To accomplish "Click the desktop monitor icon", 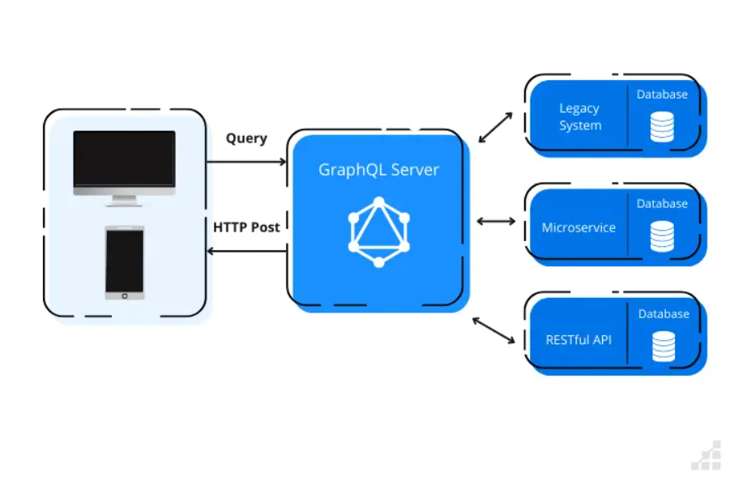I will tap(124, 166).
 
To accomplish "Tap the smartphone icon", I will tap(125, 262).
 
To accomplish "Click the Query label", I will tap(246, 138).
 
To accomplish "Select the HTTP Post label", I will tap(246, 227).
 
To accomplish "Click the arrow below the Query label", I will tap(246, 162).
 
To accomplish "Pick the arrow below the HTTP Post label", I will tap(246, 251).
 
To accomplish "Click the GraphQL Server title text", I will tap(378, 170).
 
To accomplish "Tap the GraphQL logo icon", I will tap(378, 232).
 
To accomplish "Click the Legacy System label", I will tap(580, 117).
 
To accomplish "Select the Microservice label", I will tap(579, 227).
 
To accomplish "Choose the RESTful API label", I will tap(579, 339).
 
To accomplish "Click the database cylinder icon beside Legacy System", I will tap(662, 126).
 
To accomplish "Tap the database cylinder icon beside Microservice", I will tap(662, 236).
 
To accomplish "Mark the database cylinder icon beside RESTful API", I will tap(664, 346).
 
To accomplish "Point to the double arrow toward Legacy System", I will tap(495, 127).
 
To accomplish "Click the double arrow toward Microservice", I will tap(497, 221).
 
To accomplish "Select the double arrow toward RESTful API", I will tap(493, 330).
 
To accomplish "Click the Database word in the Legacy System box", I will tap(662, 95).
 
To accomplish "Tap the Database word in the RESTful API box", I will tap(664, 314).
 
